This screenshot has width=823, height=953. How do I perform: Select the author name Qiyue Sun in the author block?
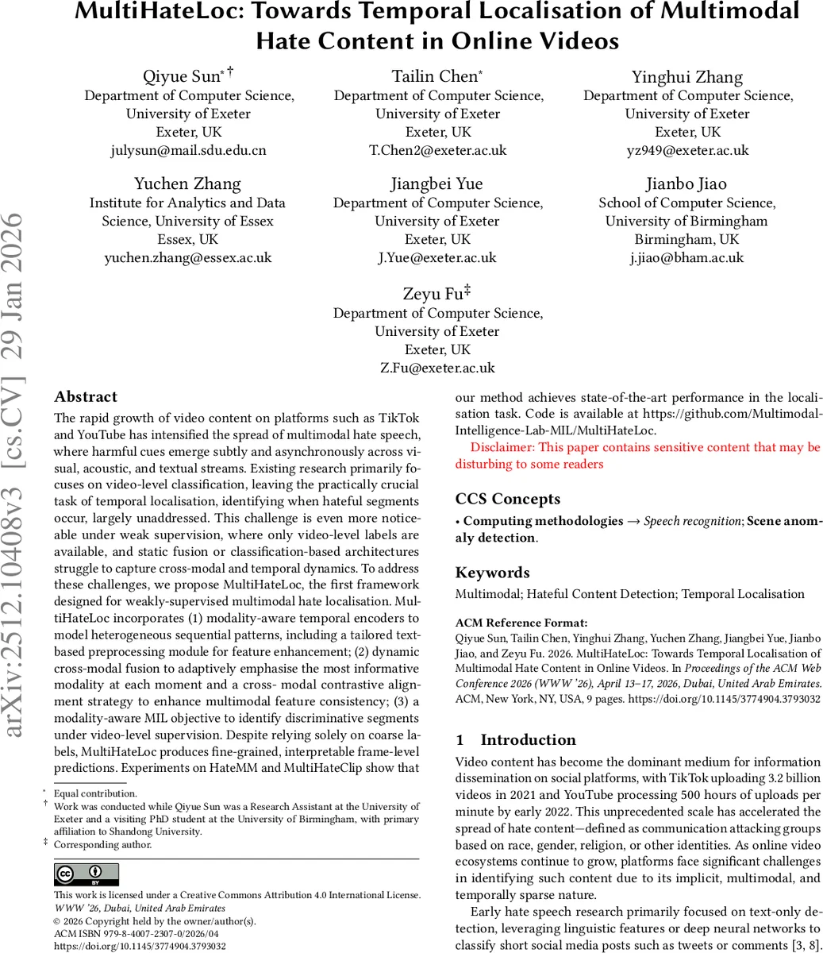[182, 77]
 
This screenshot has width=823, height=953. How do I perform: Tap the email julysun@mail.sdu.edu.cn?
[188, 150]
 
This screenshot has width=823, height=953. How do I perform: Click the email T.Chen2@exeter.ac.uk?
[438, 150]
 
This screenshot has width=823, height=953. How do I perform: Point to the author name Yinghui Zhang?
[687, 77]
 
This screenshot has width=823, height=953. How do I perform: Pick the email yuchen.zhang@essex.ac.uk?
[188, 257]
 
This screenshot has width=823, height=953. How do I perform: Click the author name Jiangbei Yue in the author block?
[437, 184]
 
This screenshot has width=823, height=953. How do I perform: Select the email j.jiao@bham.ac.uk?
[687, 257]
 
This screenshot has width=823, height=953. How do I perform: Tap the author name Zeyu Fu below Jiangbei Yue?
[432, 294]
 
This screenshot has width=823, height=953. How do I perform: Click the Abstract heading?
[86, 397]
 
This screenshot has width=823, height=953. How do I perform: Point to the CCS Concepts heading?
[508, 499]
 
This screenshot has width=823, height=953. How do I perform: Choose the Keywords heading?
[493, 573]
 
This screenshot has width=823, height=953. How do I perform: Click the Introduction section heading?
[528, 740]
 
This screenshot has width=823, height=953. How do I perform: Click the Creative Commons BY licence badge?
[87, 874]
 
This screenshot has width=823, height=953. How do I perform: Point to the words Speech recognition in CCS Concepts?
[693, 521]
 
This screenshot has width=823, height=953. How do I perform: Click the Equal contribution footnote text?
[95, 793]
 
